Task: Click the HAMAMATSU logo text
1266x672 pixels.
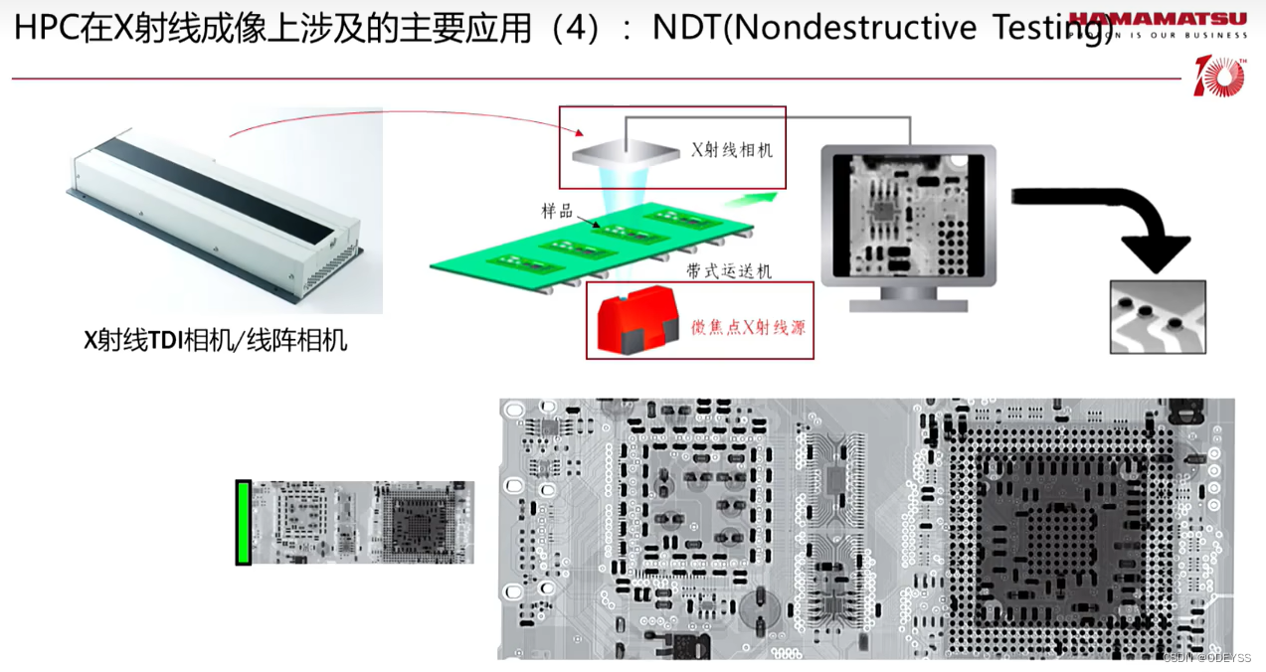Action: pos(1159,17)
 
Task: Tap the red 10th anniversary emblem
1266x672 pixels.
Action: pos(1219,77)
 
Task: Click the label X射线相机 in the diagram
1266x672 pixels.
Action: pos(732,151)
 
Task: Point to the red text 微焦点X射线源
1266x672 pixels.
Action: pos(748,327)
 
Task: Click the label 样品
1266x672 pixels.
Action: pos(556,210)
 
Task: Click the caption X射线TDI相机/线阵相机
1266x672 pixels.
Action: pos(216,340)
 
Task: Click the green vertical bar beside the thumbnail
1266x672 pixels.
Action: pos(243,523)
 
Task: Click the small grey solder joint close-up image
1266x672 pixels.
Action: pos(1158,317)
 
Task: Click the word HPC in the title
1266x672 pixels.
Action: pos(47,28)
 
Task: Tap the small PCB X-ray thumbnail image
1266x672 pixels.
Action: pos(362,523)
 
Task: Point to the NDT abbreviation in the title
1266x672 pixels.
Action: pos(686,28)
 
